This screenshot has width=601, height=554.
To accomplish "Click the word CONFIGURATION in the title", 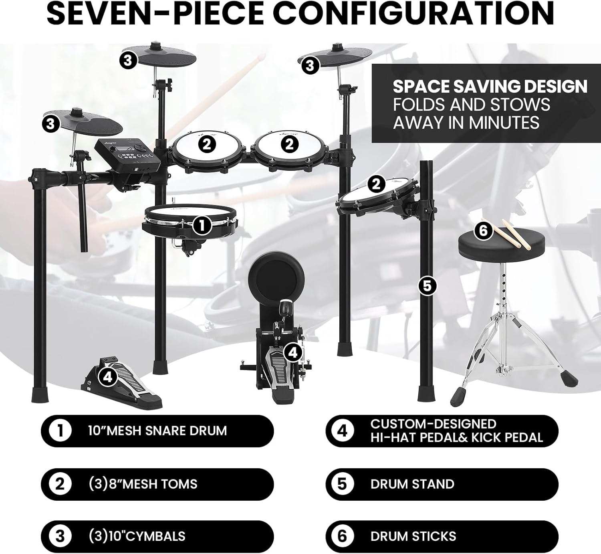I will tap(415, 13).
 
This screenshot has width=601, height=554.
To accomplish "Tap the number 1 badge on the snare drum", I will tap(202, 225).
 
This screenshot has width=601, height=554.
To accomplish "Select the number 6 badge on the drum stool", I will tap(483, 231).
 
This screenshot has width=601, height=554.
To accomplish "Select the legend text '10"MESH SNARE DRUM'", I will tap(157, 431).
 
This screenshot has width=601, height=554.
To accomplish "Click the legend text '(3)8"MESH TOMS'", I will tap(143, 484).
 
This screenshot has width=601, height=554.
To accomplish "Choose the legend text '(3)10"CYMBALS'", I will tap(137, 536).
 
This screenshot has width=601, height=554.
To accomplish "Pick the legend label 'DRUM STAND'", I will tap(412, 484).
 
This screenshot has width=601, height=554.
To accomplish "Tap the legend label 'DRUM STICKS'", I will tap(413, 536).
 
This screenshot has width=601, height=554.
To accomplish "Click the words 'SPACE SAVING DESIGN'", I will tap(490, 87).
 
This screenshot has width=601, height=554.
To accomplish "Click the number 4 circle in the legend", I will tap(342, 431).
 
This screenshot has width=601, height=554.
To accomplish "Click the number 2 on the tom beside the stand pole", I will tap(376, 184).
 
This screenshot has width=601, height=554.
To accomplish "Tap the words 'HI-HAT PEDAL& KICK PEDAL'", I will tap(456, 437).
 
